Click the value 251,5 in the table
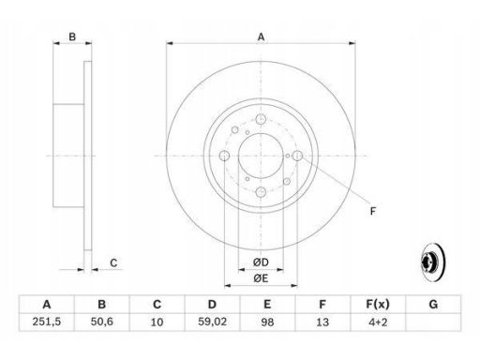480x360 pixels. point(47,322)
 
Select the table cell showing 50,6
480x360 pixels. point(101,322)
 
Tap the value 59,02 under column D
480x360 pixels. point(212,322)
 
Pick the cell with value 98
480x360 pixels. point(267,322)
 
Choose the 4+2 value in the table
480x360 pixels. point(378,322)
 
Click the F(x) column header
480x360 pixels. point(378,304)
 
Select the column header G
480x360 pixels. point(433,304)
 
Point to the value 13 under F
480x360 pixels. point(322,322)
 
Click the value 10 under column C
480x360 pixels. point(157,322)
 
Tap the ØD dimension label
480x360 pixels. point(261,262)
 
